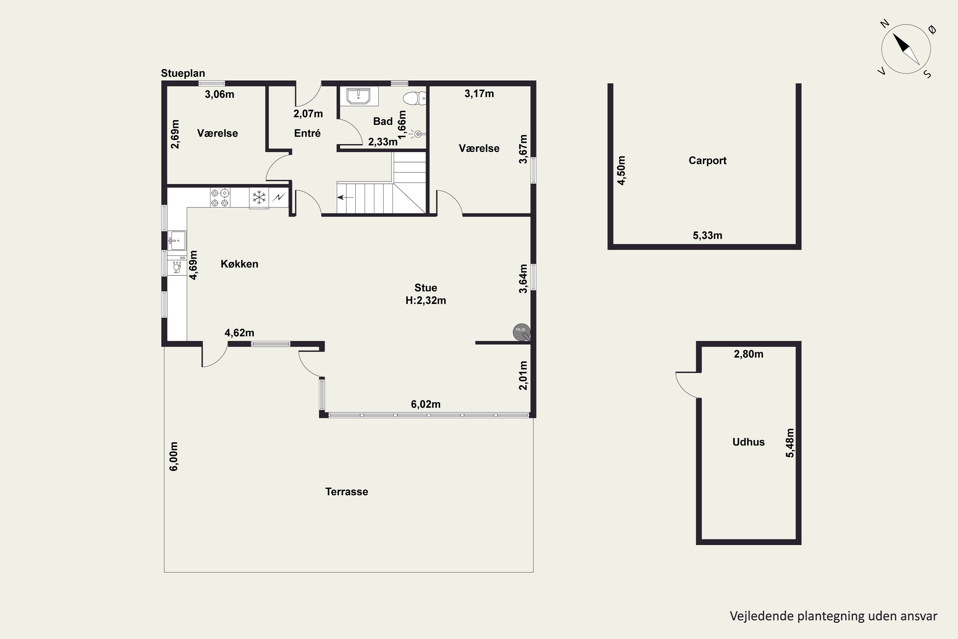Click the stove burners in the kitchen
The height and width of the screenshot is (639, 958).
click(x=220, y=198)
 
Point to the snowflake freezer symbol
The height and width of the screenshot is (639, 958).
click(x=259, y=198)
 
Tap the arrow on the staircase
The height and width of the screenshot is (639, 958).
click(x=346, y=198)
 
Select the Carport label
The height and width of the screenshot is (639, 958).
click(x=708, y=161)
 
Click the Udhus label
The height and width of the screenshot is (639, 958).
click(x=748, y=442)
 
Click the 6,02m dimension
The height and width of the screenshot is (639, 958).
click(x=426, y=404)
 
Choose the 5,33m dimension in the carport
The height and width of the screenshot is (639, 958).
click(x=708, y=235)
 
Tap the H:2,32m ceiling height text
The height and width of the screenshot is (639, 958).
click(x=426, y=300)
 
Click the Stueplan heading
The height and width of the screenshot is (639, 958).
click(x=183, y=73)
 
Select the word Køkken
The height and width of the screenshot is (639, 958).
click(x=240, y=264)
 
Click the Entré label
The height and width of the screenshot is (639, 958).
click(x=308, y=133)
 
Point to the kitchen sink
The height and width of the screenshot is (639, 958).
click(x=177, y=241)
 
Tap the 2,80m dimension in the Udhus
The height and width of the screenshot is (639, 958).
click(x=749, y=354)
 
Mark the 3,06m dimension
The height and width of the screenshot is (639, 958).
click(x=220, y=95)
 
